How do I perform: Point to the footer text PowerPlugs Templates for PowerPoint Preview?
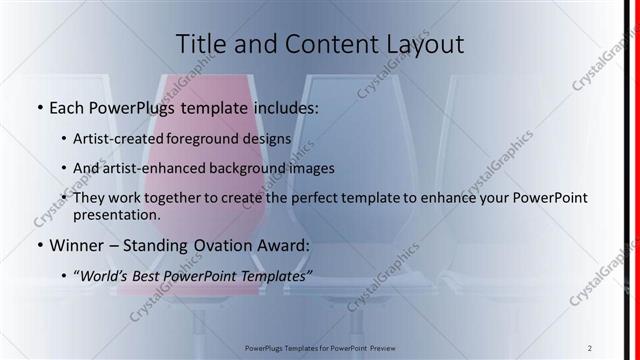tap(319, 349)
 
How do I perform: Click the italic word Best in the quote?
tap(152, 274)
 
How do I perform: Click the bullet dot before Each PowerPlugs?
tap(38, 105)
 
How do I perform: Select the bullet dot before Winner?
tap(38, 245)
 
